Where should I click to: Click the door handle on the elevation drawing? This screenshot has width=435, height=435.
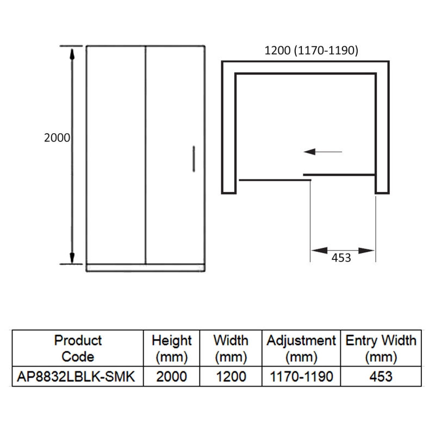[x=194, y=159]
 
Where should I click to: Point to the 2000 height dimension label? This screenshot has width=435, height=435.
[x=57, y=138]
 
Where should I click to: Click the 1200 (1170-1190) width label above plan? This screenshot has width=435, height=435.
[x=311, y=51]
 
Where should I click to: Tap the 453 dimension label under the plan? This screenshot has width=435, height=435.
[x=341, y=258]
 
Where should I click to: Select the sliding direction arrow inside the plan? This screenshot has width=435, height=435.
[x=323, y=152]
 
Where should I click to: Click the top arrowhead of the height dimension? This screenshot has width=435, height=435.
[x=72, y=54]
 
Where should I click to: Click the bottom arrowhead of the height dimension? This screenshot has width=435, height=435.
[x=72, y=258]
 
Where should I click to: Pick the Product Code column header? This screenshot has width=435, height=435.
[x=78, y=349]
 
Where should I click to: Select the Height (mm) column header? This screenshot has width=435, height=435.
[x=172, y=349]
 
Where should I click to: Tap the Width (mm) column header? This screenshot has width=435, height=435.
[x=231, y=349]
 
